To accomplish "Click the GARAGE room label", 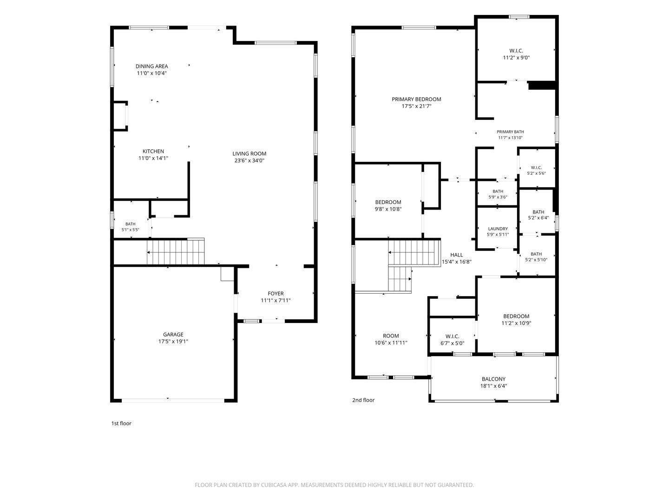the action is [173, 334].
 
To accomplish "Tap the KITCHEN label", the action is [153, 151].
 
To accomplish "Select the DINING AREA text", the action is [152, 66].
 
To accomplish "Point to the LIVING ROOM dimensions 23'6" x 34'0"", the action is [249, 160].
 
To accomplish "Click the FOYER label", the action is [276, 293].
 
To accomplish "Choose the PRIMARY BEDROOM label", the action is [416, 99].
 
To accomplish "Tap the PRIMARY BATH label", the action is [511, 132].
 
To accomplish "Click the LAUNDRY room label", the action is [498, 229].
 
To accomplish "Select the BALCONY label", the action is [494, 379].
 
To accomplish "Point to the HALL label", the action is [457, 255].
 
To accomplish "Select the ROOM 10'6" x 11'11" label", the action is [391, 339].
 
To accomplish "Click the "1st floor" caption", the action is [121, 423].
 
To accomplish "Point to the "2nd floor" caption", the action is [363, 400].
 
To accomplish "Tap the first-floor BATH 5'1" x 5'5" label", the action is [131, 227].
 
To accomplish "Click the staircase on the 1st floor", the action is [176, 252].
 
